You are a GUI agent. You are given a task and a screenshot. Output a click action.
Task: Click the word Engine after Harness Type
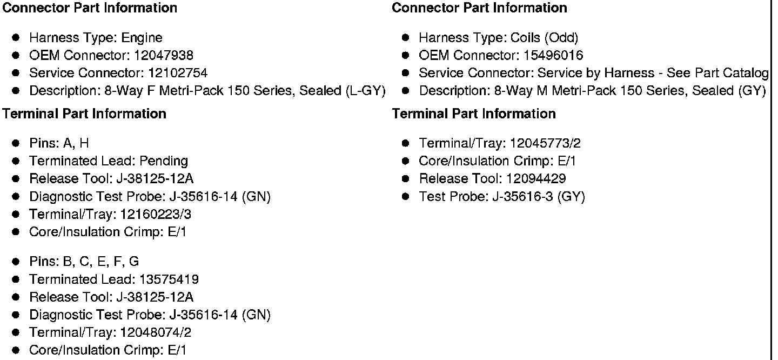pyautogui.click(x=142, y=38)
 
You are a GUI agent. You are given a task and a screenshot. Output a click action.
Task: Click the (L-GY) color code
pyautogui.click(x=365, y=91)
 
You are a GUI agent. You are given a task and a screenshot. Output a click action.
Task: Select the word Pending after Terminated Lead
pyautogui.click(x=164, y=161)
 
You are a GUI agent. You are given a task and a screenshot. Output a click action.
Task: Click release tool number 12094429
pyautogui.click(x=536, y=179)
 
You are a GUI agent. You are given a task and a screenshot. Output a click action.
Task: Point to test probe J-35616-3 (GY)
pyautogui.click(x=538, y=197)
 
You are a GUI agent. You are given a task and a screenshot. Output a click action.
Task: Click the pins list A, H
pyautogui.click(x=76, y=143)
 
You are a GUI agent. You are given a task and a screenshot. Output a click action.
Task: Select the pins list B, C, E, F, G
pyautogui.click(x=100, y=262)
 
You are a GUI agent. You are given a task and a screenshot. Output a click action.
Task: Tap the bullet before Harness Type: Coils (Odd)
pyautogui.click(x=406, y=38)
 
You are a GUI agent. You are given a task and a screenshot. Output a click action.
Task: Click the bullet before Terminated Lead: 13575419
pyautogui.click(x=16, y=279)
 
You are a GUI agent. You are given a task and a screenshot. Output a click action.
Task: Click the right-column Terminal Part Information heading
pyautogui.click(x=474, y=114)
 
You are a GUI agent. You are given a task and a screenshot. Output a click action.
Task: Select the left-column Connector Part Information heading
pyautogui.click(x=90, y=8)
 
